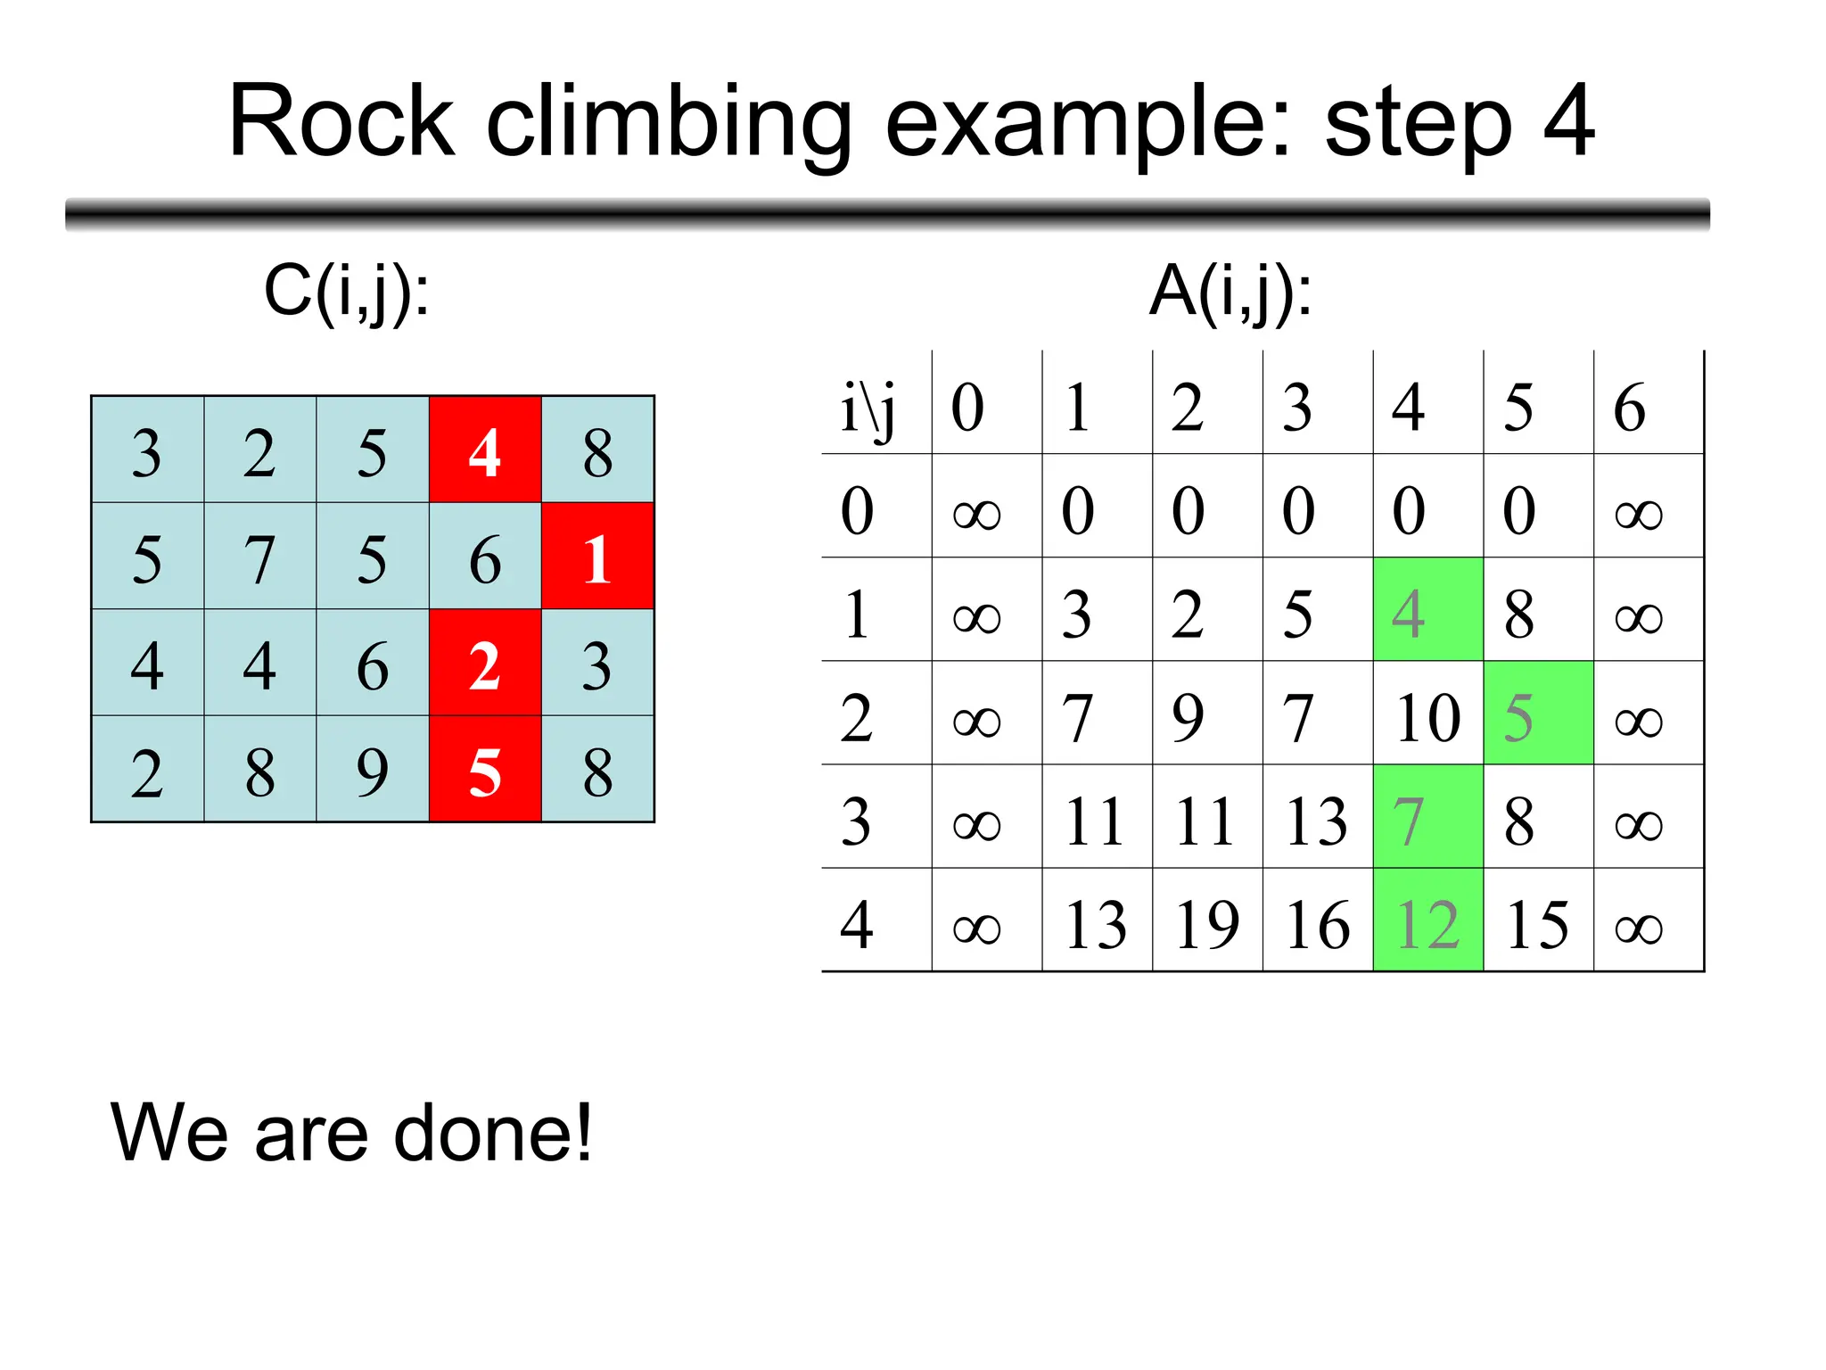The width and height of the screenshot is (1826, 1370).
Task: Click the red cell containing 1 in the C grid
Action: [x=597, y=557]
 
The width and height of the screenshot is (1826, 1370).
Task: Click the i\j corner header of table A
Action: [x=869, y=407]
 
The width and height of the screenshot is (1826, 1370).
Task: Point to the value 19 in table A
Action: [x=1207, y=923]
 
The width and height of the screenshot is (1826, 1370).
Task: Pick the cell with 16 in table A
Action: [x=1317, y=923]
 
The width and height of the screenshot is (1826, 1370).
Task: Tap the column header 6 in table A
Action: [x=1630, y=407]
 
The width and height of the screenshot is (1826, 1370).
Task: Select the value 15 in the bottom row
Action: [x=1537, y=923]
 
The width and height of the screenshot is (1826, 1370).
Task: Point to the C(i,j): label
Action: [x=347, y=292]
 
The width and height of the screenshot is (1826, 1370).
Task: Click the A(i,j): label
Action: [x=1230, y=292]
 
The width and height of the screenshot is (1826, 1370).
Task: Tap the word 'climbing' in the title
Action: [x=669, y=122]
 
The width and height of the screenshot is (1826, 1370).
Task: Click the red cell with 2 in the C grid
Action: [x=485, y=664]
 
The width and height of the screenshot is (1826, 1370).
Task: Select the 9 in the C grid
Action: [x=373, y=770]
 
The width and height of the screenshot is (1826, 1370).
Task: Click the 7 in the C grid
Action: [x=259, y=557]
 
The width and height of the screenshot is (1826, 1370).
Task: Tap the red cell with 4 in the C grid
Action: [x=485, y=450]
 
